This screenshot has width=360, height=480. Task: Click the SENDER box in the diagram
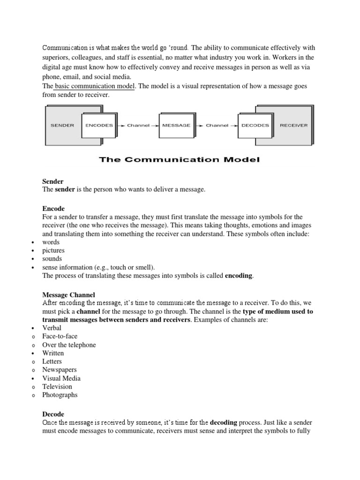click(x=62, y=126)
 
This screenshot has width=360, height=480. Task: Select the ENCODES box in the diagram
click(x=98, y=126)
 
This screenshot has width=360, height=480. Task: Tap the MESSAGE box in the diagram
click(x=176, y=126)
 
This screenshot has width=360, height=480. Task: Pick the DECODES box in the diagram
click(x=255, y=126)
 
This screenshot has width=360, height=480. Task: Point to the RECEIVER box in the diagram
click(x=294, y=126)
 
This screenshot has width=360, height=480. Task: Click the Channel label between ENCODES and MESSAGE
click(x=138, y=126)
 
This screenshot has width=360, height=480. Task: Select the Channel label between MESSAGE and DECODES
click(x=217, y=126)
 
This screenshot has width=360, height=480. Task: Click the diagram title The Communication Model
click(x=179, y=160)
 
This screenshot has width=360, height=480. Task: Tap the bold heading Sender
click(x=53, y=181)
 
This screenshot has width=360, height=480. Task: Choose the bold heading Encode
click(x=53, y=209)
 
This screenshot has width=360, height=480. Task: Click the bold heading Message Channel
click(x=69, y=295)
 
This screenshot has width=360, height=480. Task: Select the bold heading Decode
click(x=53, y=414)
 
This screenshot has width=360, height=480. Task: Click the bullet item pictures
click(x=53, y=250)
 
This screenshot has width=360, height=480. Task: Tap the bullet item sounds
click(x=52, y=259)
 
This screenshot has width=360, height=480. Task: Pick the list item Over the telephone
click(x=69, y=345)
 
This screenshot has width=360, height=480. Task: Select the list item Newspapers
click(x=60, y=370)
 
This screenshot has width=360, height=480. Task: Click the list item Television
click(x=57, y=387)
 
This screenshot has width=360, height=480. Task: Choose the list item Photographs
click(x=60, y=395)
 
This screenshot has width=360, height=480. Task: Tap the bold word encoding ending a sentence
click(x=239, y=276)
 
